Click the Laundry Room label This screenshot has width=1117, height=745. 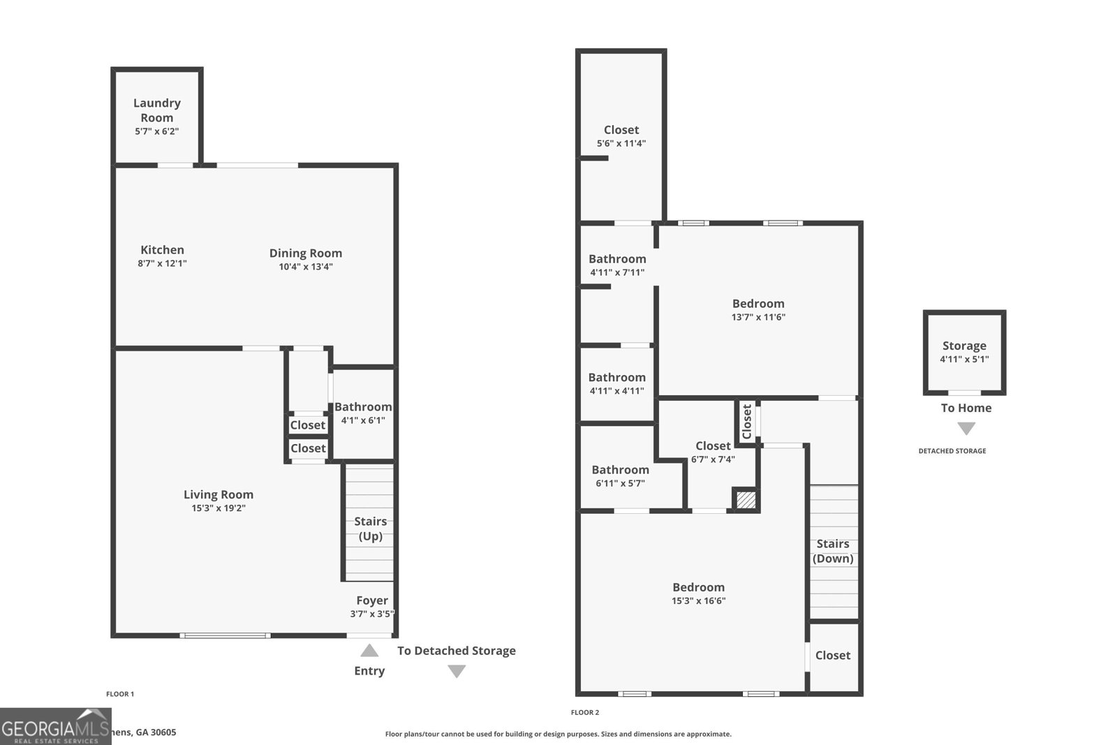tap(157, 110)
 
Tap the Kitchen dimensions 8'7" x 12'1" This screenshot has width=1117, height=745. tap(162, 264)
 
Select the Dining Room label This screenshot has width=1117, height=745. tap(306, 253)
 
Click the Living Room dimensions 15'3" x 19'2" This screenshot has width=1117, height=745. tap(219, 508)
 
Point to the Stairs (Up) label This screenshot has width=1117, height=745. tap(370, 529)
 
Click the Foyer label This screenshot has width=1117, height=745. tap(372, 600)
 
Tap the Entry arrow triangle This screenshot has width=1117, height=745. tap(369, 651)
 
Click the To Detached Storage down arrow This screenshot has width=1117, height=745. tap(457, 671)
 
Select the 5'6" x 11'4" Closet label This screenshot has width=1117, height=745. tap(621, 130)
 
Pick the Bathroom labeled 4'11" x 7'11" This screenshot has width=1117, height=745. tap(617, 259)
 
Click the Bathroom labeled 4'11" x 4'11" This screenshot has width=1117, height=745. tap(616, 378)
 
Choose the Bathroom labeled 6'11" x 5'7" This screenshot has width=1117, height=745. tap(620, 470)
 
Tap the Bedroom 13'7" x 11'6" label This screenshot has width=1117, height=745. tap(758, 304)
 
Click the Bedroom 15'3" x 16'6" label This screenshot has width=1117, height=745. tap(698, 587)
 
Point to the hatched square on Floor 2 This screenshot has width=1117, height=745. tap(746, 500)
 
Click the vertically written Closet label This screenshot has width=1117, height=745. tap(747, 421)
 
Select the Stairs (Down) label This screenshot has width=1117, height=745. tap(833, 551)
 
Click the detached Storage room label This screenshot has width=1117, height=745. tap(964, 346)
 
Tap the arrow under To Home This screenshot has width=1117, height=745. tap(966, 428)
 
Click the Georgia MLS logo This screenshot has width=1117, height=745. tap(55, 727)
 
